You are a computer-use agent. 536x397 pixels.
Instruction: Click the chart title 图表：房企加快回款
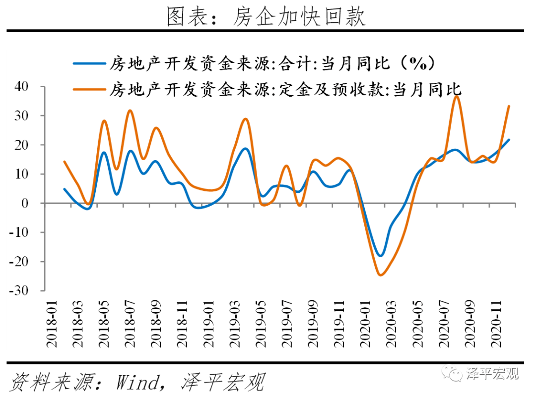click(x=266, y=16)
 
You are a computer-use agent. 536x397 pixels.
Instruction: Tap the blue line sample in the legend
click(x=89, y=63)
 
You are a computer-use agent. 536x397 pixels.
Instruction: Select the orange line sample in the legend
click(x=89, y=90)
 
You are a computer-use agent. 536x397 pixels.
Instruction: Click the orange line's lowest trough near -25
click(x=380, y=275)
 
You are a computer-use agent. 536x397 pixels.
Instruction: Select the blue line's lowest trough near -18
click(x=381, y=256)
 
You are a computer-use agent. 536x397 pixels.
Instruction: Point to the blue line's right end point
click(x=509, y=140)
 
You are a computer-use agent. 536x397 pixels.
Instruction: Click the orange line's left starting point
click(x=64, y=162)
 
